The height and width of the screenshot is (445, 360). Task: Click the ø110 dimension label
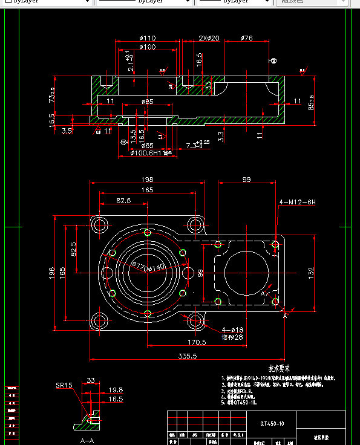click(x=148, y=38)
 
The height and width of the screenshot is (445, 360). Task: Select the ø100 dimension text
click(x=148, y=47)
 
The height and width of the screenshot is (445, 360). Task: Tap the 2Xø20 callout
click(x=208, y=38)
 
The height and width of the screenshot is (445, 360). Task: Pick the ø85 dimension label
click(x=147, y=102)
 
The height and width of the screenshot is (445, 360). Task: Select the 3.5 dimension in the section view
click(x=67, y=130)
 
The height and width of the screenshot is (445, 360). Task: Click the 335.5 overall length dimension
click(x=188, y=357)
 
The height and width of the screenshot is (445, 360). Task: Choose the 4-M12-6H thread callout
click(x=297, y=201)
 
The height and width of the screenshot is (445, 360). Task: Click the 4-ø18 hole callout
click(x=232, y=330)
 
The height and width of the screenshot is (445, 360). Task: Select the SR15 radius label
click(x=64, y=385)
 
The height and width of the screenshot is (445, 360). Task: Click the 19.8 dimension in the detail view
click(x=116, y=390)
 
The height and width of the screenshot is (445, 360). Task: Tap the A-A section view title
click(x=87, y=441)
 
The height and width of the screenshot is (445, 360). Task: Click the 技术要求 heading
click(x=280, y=368)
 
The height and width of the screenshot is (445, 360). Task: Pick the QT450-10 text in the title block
click(x=272, y=424)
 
